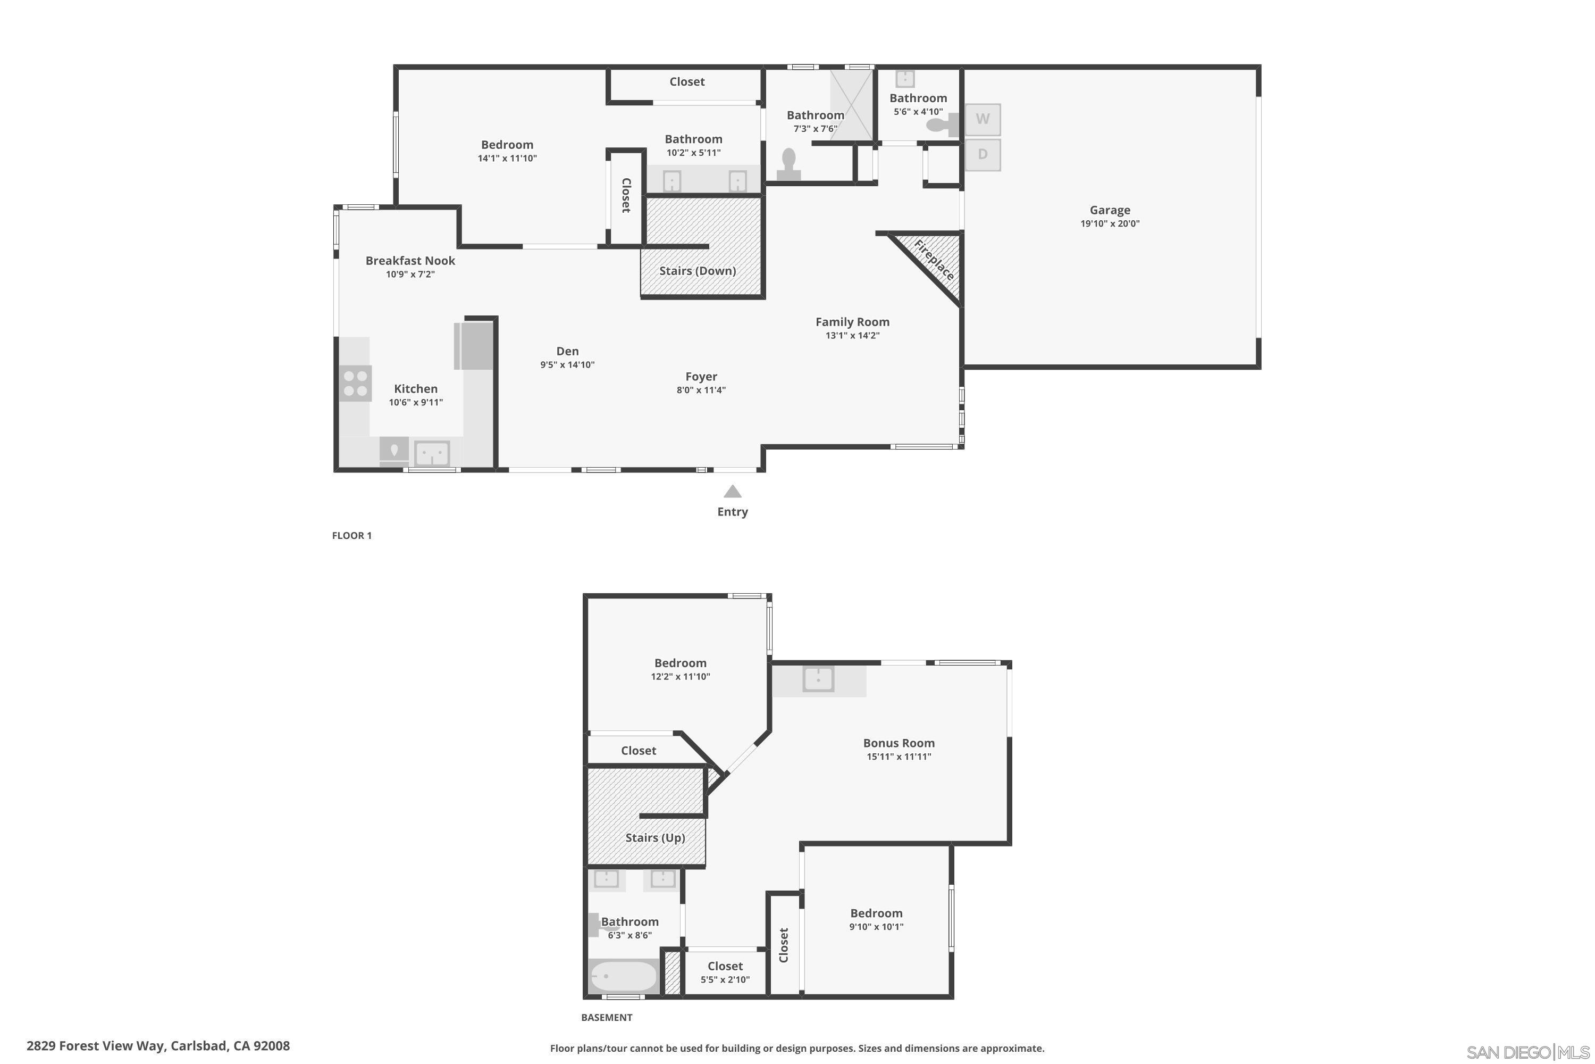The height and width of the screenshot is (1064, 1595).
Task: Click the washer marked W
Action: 982,119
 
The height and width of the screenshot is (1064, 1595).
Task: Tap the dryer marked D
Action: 982,155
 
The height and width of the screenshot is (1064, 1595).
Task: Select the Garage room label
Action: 1110,210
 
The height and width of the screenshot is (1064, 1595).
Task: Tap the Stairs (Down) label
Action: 697,271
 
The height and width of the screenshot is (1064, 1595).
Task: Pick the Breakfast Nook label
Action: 410,261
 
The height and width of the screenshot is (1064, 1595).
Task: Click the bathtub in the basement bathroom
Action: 623,976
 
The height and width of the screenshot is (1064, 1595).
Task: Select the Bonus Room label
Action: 899,743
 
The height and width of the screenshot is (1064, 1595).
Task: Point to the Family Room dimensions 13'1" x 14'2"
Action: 852,335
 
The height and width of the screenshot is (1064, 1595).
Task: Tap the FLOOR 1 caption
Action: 351,535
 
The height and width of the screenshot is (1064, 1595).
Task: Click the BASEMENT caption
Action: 606,1017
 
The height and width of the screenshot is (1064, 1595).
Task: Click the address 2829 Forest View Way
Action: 158,1046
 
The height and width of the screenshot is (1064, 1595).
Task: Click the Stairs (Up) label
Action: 655,837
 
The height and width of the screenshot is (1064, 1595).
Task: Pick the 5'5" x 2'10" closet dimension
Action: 725,979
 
